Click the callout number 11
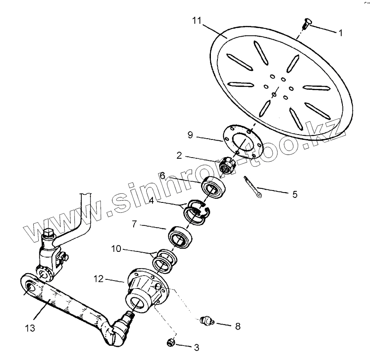point(197,21)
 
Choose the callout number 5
point(294,194)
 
